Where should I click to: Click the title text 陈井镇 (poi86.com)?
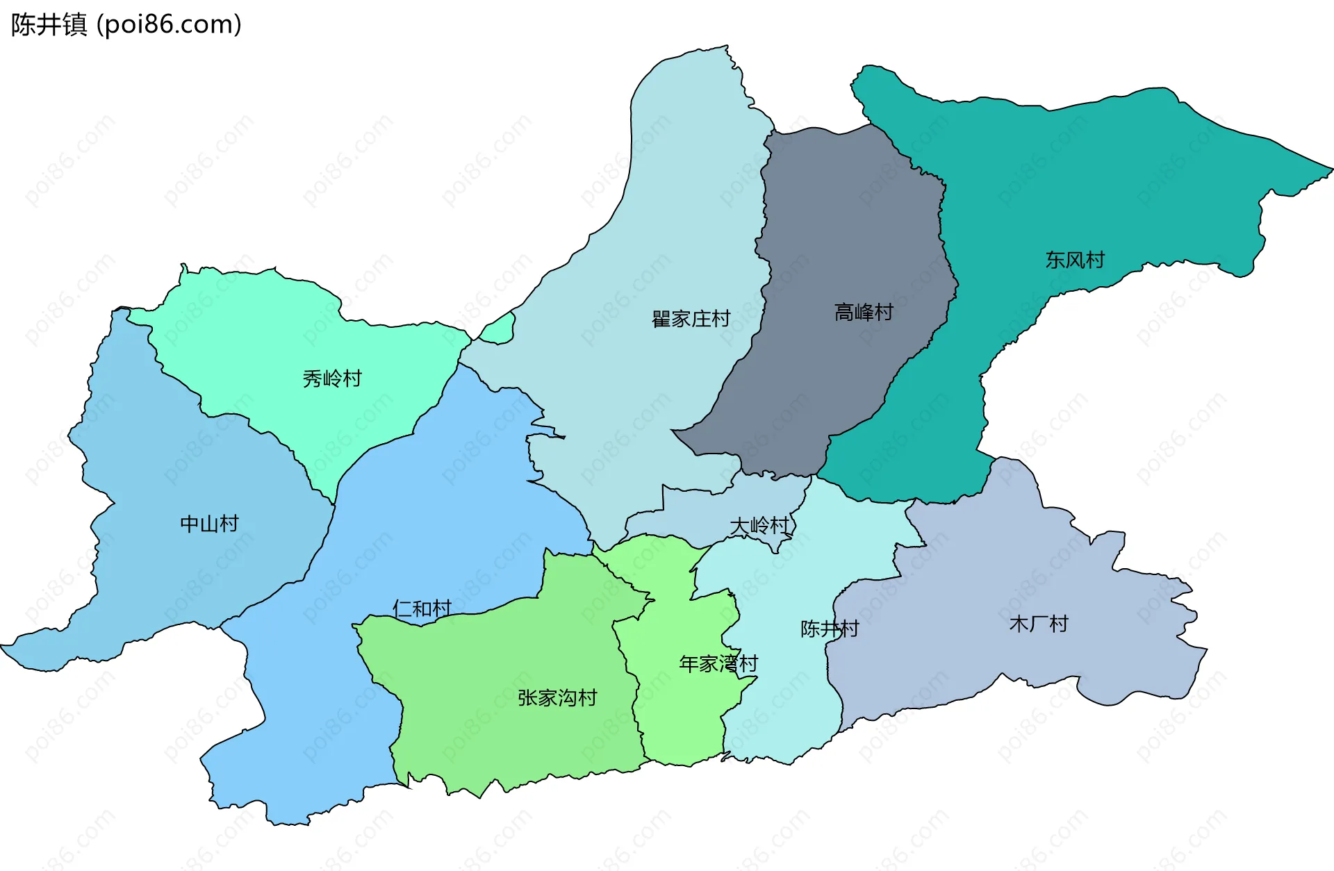coord(126,24)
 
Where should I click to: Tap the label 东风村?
coord(1074,260)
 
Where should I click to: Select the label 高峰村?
coord(863,312)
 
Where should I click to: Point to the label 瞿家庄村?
coord(691,319)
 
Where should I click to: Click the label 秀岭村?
coord(332,379)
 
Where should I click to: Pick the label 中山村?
coord(209,524)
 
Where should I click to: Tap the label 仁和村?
coord(422,608)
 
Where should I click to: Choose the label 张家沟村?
coord(557,697)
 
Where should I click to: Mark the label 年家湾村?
coord(718,664)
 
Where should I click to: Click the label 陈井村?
coord(830,629)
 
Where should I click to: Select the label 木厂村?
coord(1038,624)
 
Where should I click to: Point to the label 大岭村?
coord(760,526)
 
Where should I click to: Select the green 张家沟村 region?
coord(514,736)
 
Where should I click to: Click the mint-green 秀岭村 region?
coord(278,326)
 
